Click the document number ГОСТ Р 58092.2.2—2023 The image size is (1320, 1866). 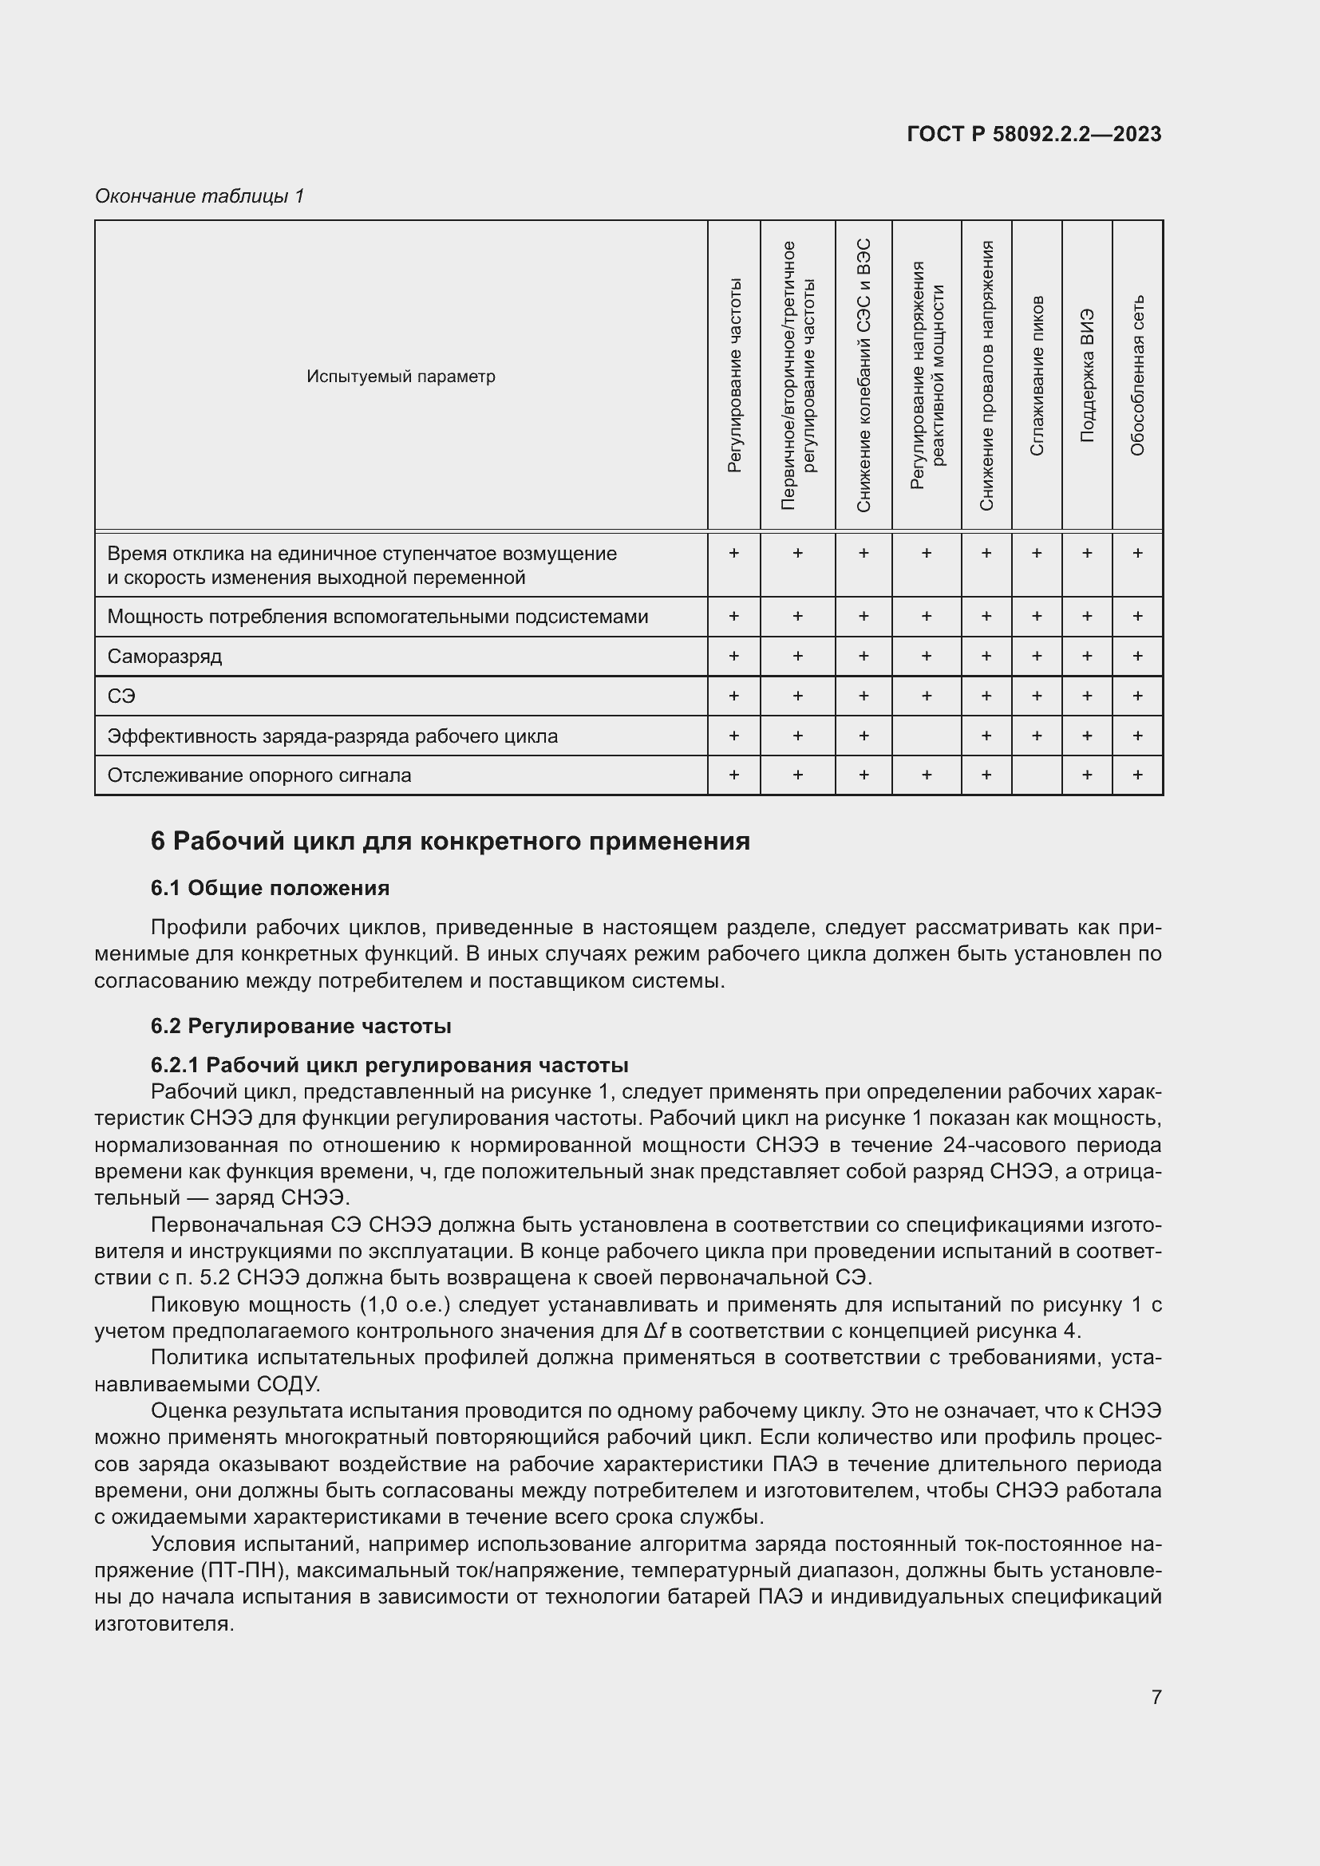(x=1033, y=135)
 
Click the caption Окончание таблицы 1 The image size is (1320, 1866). (x=200, y=196)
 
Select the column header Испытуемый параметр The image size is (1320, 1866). (x=401, y=377)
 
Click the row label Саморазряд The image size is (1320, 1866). (x=164, y=656)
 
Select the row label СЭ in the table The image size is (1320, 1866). (x=121, y=696)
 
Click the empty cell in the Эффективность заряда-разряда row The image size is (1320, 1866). (x=926, y=736)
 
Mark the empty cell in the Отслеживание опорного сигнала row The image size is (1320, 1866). (x=1037, y=775)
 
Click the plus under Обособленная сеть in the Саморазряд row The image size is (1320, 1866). (x=1137, y=656)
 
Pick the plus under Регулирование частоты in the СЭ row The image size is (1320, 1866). (x=733, y=696)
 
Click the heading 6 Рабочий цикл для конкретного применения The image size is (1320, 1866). (x=450, y=841)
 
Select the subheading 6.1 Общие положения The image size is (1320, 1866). (x=270, y=888)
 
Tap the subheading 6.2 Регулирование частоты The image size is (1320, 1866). (x=301, y=1027)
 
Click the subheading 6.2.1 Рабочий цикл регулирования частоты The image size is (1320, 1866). (x=389, y=1065)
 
